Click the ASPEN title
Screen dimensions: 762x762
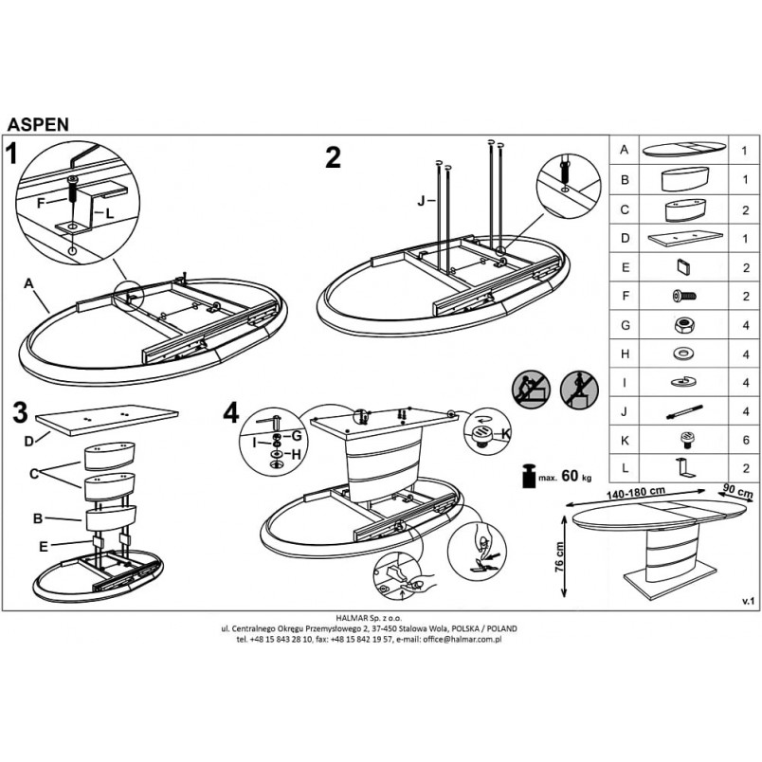click(x=38, y=125)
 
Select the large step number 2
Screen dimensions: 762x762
click(x=333, y=157)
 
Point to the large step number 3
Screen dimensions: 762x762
click(x=20, y=412)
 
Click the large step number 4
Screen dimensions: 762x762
click(x=231, y=413)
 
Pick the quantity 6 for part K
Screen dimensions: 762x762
click(x=746, y=441)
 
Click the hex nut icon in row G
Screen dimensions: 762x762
click(x=683, y=325)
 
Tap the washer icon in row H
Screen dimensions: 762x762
click(x=683, y=354)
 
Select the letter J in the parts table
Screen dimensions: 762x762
click(x=625, y=411)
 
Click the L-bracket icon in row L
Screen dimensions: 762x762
click(x=685, y=468)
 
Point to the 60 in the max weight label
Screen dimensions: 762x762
click(x=570, y=475)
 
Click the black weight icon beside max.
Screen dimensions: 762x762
click(x=529, y=476)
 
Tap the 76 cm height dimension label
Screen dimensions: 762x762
click(x=559, y=557)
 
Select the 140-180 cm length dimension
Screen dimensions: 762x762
click(x=636, y=493)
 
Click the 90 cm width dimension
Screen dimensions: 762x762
click(x=737, y=489)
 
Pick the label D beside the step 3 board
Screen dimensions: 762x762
click(x=29, y=441)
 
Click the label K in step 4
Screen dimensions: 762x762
click(x=506, y=433)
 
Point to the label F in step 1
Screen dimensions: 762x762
click(x=42, y=203)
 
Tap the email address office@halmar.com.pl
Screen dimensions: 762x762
click(x=463, y=640)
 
